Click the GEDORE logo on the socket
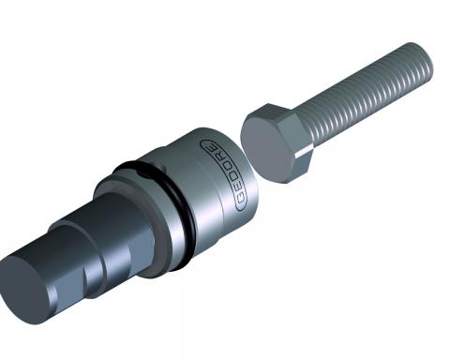223,174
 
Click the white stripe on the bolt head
304,152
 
